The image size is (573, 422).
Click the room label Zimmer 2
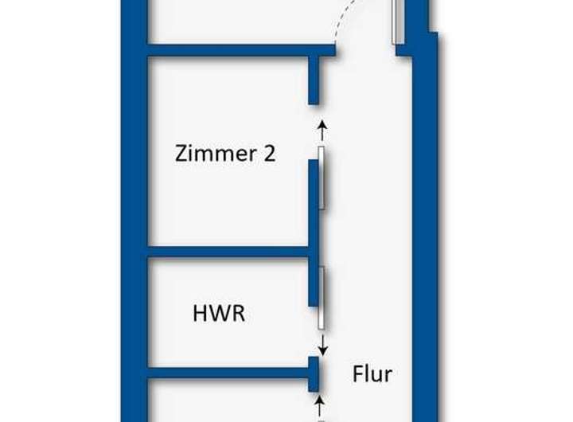click(225, 153)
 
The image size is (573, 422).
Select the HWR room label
click(219, 314)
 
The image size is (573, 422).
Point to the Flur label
click(372, 373)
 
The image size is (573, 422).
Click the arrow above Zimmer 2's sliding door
click(322, 130)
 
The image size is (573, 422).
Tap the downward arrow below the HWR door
click(322, 345)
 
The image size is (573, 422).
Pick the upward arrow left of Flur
click(320, 403)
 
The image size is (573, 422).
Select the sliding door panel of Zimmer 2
click(322, 178)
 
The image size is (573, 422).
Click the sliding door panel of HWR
click(322, 299)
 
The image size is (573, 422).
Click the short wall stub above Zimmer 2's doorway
click(314, 80)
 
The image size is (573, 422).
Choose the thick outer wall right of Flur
click(425, 239)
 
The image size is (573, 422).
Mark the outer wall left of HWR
click(134, 314)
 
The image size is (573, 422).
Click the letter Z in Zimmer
click(181, 153)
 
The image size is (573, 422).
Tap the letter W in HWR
click(218, 314)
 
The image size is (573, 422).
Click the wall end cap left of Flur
click(314, 373)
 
